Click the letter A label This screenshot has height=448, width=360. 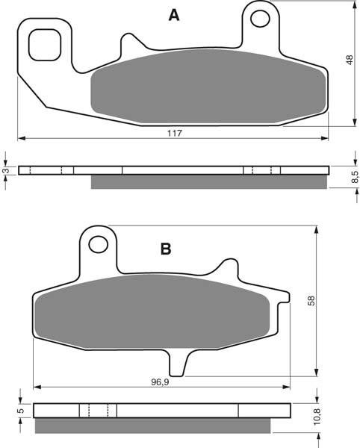click(174, 15)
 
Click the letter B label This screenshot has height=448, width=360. click(166, 249)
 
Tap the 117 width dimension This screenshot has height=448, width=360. click(175, 133)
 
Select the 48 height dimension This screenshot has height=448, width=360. click(350, 60)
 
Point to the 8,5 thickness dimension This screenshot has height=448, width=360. click(355, 177)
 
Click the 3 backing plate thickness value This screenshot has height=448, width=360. click(6, 171)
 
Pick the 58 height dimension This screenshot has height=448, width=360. click(311, 301)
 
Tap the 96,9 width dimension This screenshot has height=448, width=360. click(160, 382)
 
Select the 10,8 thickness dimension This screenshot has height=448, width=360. click(317, 417)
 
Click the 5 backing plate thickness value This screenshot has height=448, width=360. click(20, 411)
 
